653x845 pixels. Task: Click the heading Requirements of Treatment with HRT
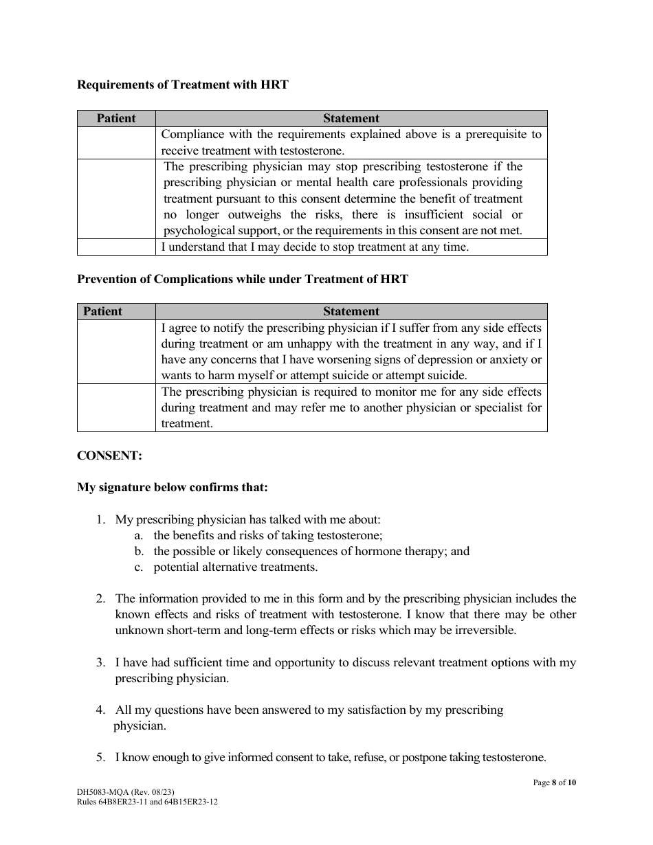(x=183, y=84)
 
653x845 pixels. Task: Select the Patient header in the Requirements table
(x=116, y=118)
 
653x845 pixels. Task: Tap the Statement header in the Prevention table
(x=351, y=311)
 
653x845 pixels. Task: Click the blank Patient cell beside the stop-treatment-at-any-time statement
(x=116, y=247)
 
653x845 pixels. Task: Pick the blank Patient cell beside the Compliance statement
(x=116, y=143)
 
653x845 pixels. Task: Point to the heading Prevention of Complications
(x=243, y=279)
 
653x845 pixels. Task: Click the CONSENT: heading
(x=109, y=455)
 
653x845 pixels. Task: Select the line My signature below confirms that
(x=173, y=488)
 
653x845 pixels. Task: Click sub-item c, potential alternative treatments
(x=235, y=567)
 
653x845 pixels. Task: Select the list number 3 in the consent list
(x=100, y=663)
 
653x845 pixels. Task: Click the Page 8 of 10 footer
(x=555, y=782)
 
